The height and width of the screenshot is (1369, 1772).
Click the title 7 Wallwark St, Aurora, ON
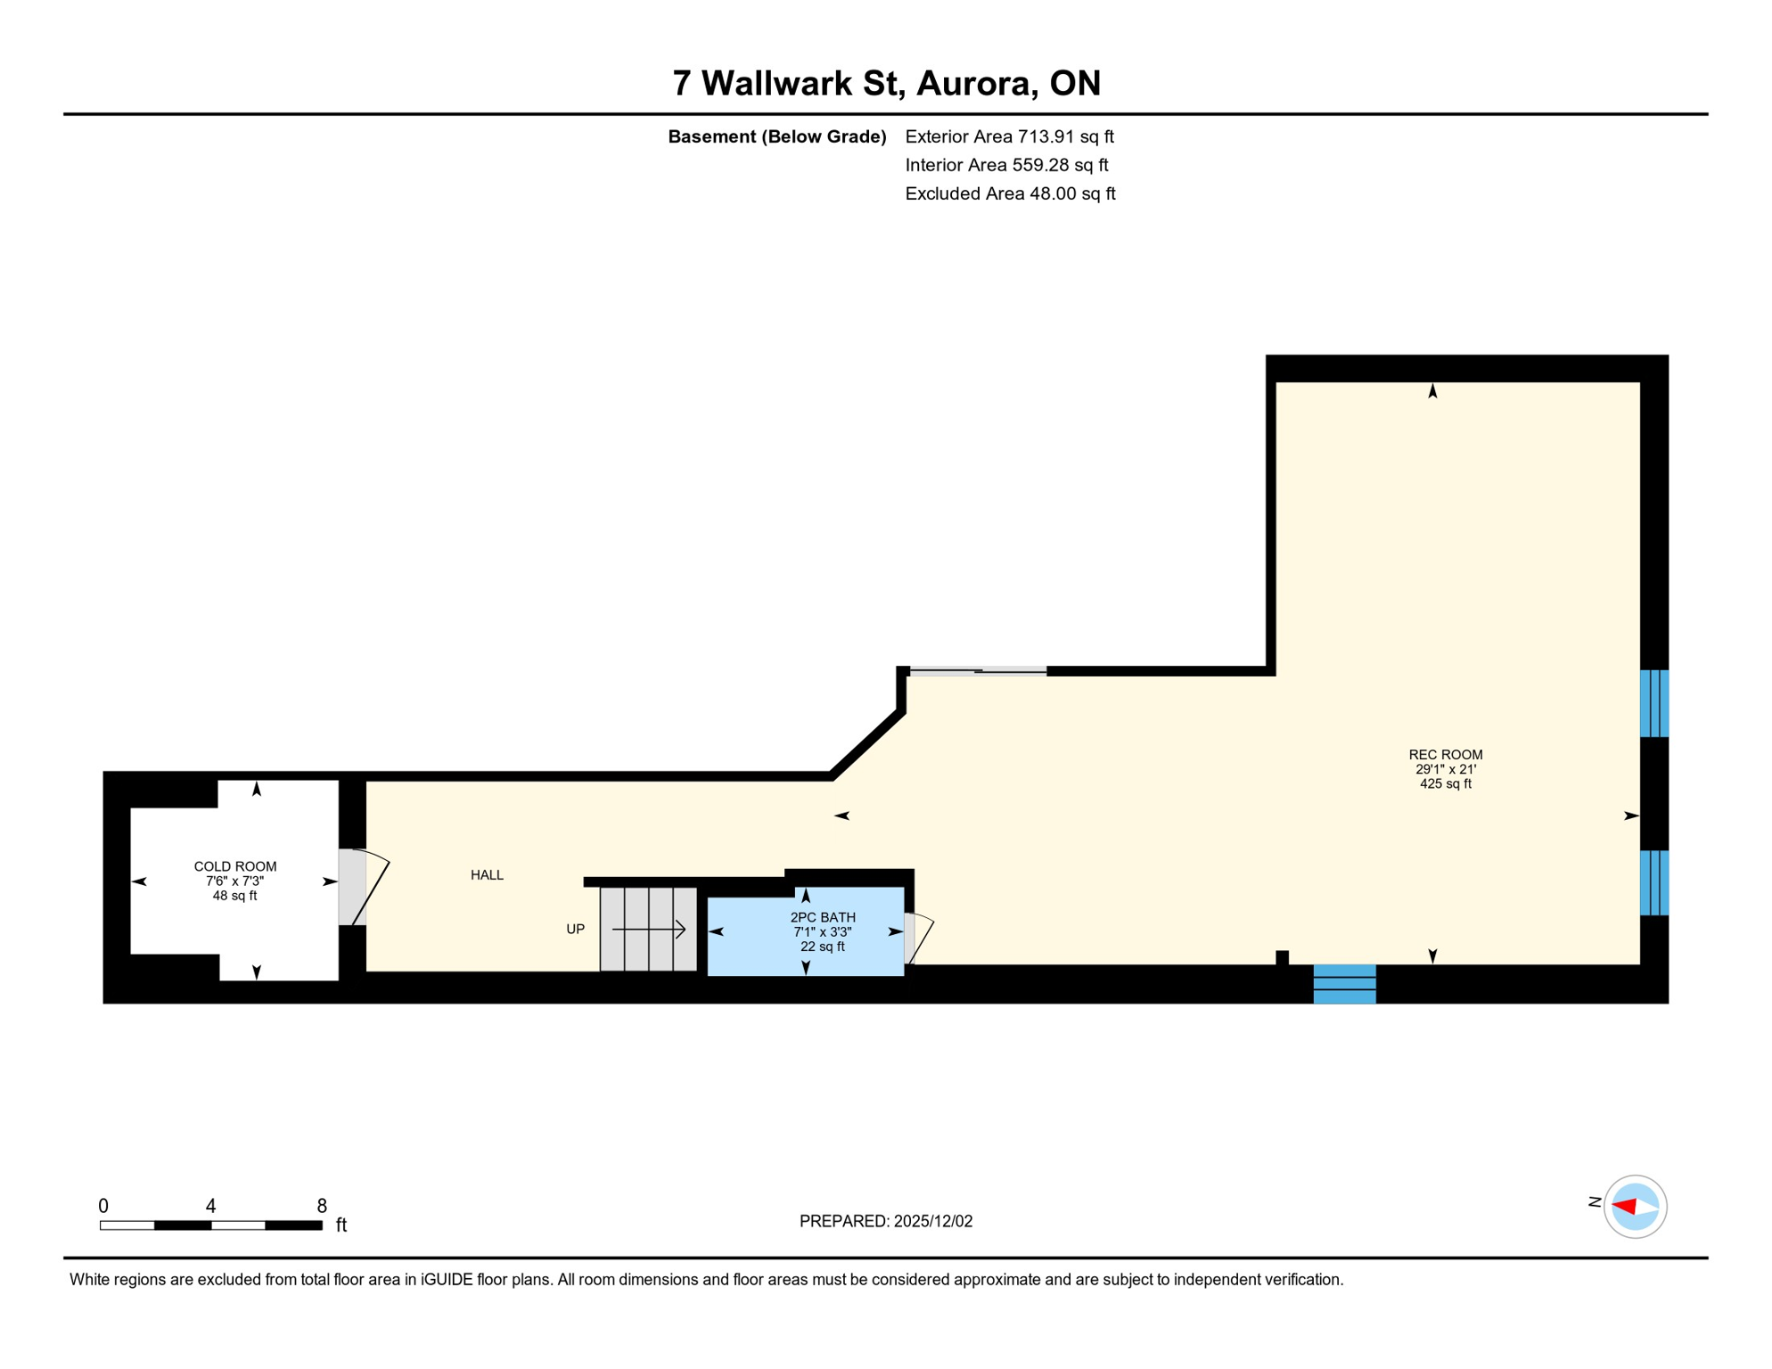point(886,83)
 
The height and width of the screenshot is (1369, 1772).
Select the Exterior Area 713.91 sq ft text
point(1009,136)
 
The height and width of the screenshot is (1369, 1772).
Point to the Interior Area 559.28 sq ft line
point(1006,165)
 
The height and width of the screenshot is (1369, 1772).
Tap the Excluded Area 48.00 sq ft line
point(1010,193)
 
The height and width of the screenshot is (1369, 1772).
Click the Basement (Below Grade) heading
point(776,136)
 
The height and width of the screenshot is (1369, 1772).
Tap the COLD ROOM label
point(235,866)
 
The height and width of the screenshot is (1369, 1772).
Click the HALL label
point(487,875)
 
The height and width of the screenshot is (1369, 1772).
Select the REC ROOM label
point(1445,755)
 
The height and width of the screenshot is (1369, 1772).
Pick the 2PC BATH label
point(822,917)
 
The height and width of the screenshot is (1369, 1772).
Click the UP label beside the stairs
point(575,930)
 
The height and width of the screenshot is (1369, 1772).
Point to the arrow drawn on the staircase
point(649,930)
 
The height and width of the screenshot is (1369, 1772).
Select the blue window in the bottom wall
point(1344,984)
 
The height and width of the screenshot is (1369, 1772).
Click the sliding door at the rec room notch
point(978,670)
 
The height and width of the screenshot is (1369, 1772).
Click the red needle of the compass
point(1624,1207)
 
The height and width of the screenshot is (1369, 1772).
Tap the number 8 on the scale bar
point(322,1206)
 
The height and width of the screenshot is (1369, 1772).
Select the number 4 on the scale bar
point(210,1206)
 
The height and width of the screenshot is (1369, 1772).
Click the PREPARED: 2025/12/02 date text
point(885,1221)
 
